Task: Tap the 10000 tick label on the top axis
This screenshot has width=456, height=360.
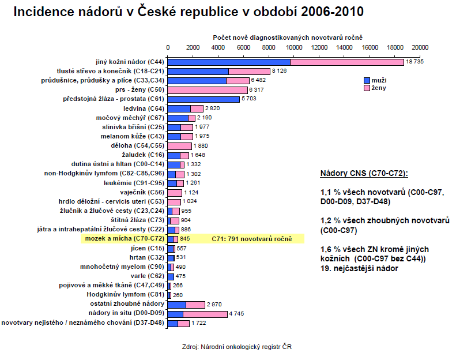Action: [295, 47]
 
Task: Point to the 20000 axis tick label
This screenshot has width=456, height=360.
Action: [420, 47]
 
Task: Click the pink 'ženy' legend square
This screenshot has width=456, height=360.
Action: [367, 88]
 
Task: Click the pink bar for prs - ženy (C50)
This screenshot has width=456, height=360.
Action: [208, 90]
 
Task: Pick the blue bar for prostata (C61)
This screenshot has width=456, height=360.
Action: [203, 99]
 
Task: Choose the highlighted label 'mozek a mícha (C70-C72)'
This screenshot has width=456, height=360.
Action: [125, 238]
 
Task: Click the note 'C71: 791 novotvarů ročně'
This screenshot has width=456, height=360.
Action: [252, 238]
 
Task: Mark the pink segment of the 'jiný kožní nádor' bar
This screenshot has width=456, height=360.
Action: [346, 62]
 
